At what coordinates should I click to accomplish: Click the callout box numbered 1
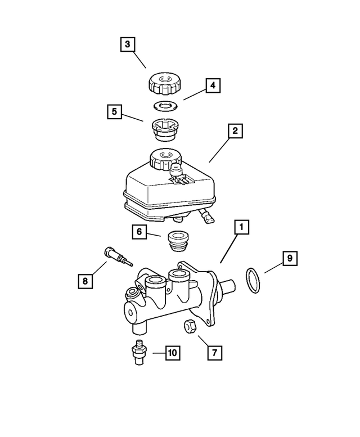pos(241,228)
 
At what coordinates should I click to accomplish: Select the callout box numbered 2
pos(235,132)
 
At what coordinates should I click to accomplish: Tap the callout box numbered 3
pos(128,44)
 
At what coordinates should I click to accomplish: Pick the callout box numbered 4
pos(212,86)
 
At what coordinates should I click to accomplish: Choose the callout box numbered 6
pos(139,231)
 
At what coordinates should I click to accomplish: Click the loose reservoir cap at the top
pos(164,84)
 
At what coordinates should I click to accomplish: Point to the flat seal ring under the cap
pos(164,105)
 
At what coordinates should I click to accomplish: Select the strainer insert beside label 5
pos(164,131)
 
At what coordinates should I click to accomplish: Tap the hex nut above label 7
pos(190,326)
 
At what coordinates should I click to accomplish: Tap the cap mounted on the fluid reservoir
pos(163,159)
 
